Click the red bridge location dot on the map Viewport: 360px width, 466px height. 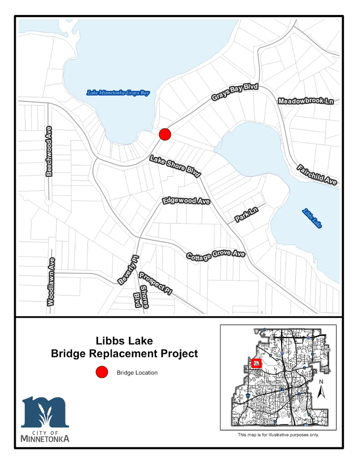tap(165, 134)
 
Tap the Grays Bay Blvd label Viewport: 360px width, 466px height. tap(235, 92)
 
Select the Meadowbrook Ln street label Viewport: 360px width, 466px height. tap(306, 101)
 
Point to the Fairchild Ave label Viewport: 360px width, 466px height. tap(317, 175)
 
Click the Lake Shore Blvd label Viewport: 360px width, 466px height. tap(175, 166)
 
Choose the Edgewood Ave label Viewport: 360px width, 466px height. tap(186, 201)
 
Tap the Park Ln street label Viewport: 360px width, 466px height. tap(246, 214)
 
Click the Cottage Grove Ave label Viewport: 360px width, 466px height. tap(216, 255)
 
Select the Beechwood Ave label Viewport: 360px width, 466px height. tap(49, 151)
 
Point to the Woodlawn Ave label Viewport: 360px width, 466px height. tap(51, 282)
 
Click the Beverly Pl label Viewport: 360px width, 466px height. tap(129, 270)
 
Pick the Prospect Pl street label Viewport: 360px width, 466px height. tap(155, 283)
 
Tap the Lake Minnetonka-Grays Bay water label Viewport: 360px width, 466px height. tap(118, 93)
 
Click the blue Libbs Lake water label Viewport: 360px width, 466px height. tap(312, 218)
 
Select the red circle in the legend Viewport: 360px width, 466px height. tap(102, 372)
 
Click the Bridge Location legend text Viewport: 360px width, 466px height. tap(137, 373)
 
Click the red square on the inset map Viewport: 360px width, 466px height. tap(256, 363)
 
